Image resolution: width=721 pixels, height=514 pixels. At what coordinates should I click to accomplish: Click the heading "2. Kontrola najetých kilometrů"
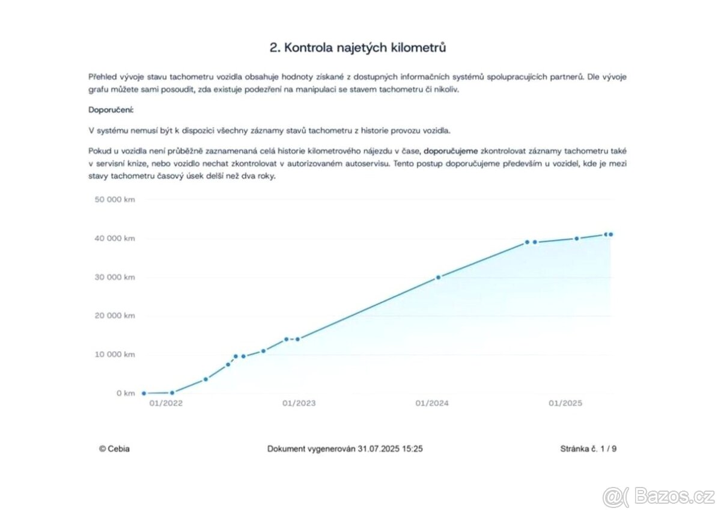pos(357,48)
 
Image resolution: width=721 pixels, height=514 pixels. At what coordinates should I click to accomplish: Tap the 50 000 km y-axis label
pos(115,200)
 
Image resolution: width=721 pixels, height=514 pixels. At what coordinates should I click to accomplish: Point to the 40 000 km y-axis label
pos(115,239)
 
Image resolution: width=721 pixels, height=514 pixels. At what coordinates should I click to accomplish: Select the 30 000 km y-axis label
pos(115,277)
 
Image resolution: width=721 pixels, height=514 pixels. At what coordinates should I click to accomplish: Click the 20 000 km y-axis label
pos(115,316)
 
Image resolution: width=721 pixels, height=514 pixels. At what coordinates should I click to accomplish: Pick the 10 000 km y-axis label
pos(115,355)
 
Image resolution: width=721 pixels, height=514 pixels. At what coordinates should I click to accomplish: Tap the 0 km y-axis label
pos(126,393)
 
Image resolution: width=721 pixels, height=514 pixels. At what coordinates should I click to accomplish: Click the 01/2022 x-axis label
pos(166,403)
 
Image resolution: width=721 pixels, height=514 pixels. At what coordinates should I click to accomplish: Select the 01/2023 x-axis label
pos(299,403)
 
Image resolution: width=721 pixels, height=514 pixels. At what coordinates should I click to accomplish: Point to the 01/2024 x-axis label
pos(432,403)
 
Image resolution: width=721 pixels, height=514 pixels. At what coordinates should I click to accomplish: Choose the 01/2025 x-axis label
pos(565,403)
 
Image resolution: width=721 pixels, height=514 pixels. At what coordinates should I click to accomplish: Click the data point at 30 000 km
pos(438,277)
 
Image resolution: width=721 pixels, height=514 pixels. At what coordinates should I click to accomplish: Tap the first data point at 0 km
pos(144,393)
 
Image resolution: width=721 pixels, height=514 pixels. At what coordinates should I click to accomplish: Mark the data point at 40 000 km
pos(576,239)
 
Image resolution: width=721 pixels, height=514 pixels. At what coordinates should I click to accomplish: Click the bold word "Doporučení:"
pos(111,110)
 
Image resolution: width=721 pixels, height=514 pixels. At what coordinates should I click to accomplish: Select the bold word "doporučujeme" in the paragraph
pos(451,150)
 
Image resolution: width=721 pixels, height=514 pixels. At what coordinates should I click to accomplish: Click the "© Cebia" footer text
pos(114,448)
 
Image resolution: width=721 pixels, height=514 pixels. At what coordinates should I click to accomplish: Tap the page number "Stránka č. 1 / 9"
pos(588,448)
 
